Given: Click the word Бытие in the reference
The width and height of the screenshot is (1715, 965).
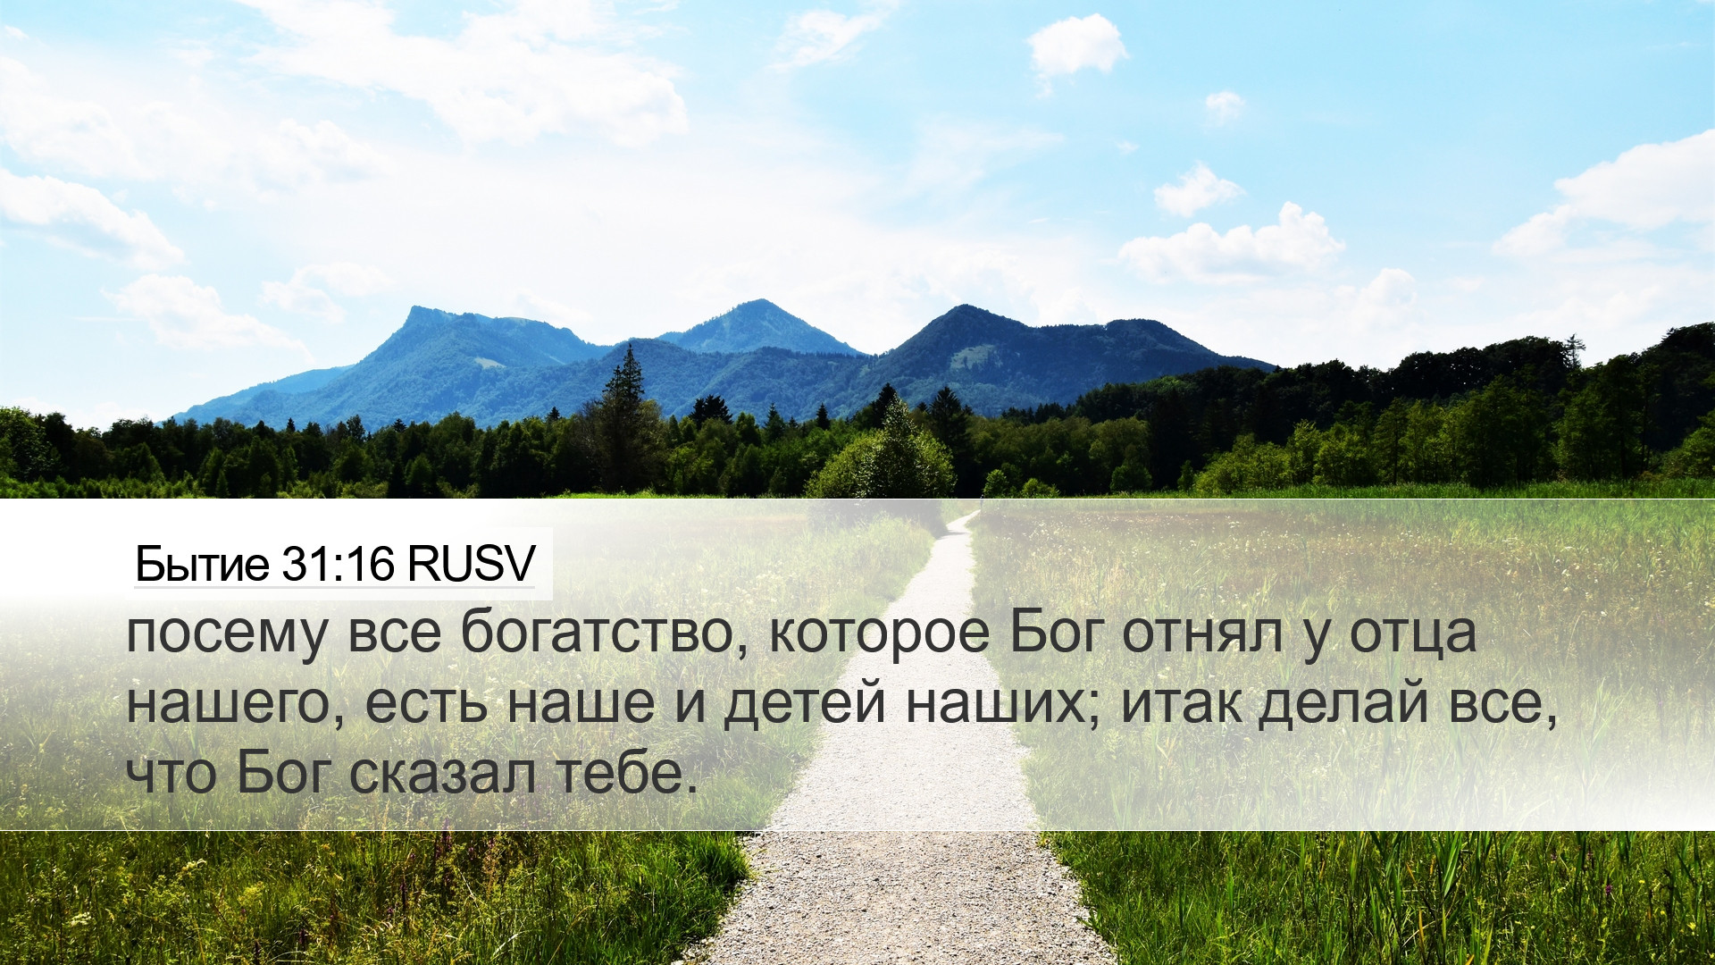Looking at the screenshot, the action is click(x=201, y=564).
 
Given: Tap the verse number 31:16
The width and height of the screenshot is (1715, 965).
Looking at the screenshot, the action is click(x=338, y=564).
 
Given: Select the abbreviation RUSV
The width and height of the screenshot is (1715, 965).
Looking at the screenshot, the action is click(x=472, y=564).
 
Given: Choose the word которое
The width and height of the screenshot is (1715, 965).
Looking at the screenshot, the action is click(x=879, y=632).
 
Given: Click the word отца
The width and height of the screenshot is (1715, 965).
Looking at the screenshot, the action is click(x=1412, y=634).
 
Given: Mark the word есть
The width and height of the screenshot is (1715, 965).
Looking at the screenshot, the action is click(x=427, y=703).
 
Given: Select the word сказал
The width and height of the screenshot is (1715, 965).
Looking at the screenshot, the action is click(x=442, y=773).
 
